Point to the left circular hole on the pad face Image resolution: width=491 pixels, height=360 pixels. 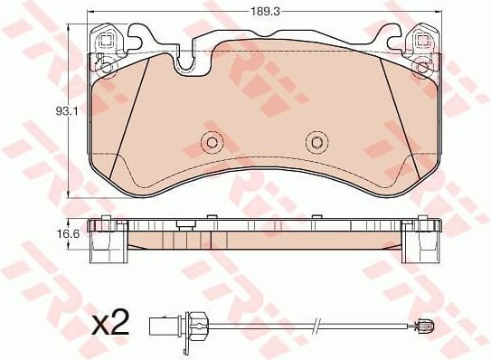(x=213, y=141)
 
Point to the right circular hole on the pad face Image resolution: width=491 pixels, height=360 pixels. (x=314, y=141)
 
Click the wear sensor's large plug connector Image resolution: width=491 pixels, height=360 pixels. (x=173, y=323)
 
